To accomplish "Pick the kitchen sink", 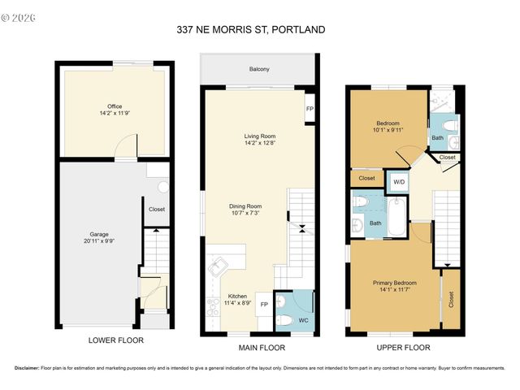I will point(218,265).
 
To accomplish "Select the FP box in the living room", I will point(310,109).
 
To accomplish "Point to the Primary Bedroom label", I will point(393,286).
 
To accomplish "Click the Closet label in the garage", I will point(157,209).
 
